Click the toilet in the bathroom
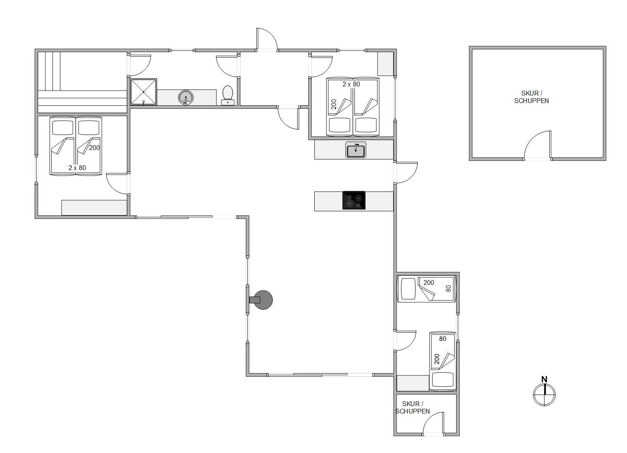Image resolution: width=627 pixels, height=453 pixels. tap(228, 95)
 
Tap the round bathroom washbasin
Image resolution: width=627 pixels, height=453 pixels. tap(186, 97)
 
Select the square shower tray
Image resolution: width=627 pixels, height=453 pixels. tap(143, 92)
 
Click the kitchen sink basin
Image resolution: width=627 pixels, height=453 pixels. tap(356, 150)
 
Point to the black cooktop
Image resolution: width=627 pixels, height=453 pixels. tap(354, 200)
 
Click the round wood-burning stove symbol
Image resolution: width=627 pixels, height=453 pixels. tap(263, 300)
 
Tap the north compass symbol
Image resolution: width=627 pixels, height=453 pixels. tap(544, 395)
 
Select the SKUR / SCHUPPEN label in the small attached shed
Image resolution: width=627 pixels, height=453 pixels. tap(412, 408)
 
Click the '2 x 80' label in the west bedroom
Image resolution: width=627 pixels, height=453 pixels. tap(77, 168)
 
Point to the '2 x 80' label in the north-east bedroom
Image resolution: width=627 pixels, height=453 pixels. tap(351, 84)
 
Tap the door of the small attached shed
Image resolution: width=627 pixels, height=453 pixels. tap(433, 423)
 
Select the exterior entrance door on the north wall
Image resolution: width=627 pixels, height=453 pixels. tap(267, 39)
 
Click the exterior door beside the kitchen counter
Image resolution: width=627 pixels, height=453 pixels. tap(406, 172)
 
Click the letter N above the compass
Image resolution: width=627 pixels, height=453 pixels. tap(544, 379)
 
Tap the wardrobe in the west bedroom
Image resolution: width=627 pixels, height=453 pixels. tap(94, 208)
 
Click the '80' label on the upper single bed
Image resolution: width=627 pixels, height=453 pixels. tap(448, 288)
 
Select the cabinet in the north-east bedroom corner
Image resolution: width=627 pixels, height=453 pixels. tap(385, 64)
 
